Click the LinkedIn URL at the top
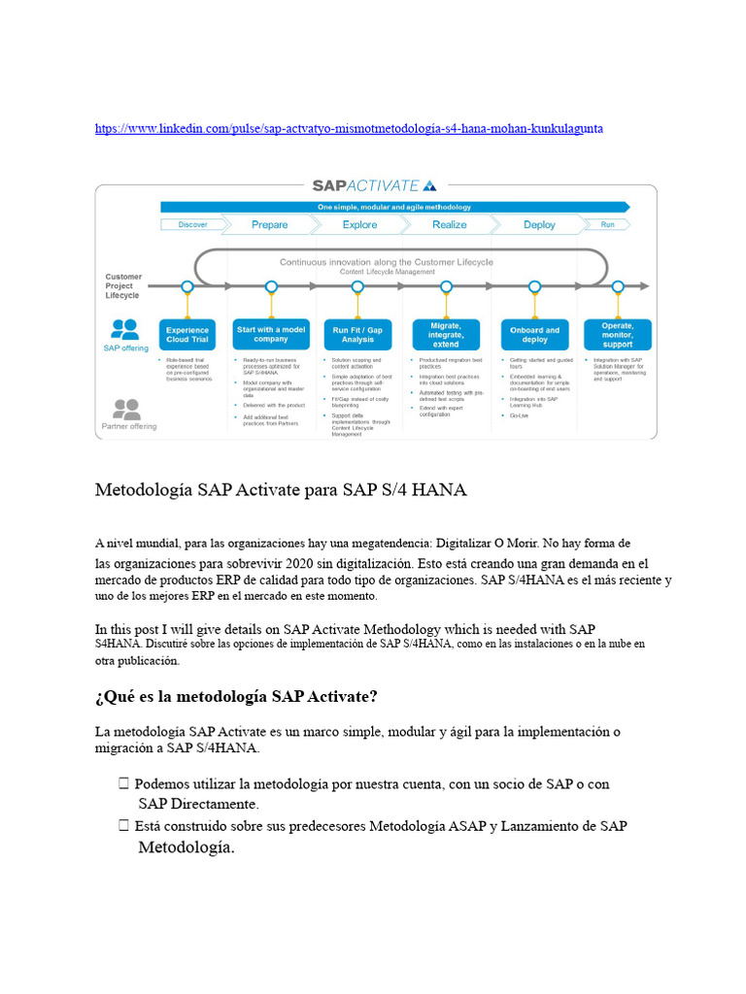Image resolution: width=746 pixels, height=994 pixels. point(356,129)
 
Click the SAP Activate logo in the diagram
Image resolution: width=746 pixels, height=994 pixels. point(373,185)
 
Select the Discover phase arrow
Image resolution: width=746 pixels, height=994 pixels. point(192,224)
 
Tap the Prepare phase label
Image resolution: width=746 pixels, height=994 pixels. point(269,224)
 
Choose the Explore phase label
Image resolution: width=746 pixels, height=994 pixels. point(359,224)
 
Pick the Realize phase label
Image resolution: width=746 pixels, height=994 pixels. point(449,224)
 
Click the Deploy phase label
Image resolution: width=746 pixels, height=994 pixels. point(539,224)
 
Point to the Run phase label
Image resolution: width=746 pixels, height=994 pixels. point(608,224)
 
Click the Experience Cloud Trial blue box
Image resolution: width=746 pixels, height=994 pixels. point(187,335)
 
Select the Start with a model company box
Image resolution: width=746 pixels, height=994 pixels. point(270,335)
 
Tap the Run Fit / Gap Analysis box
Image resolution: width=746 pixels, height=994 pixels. point(358,335)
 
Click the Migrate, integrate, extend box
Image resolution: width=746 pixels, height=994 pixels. point(446,335)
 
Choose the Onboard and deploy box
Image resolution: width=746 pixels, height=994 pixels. point(535,335)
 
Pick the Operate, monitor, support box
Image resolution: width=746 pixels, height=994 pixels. point(618,335)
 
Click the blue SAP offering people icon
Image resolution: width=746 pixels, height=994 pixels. point(125,328)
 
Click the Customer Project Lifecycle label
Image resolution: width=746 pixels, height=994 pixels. point(123,285)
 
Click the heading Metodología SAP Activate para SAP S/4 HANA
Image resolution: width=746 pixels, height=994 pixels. point(281,490)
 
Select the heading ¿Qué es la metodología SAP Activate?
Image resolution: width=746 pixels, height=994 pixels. point(236,697)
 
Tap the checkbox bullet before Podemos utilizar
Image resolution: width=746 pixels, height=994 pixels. point(123,783)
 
